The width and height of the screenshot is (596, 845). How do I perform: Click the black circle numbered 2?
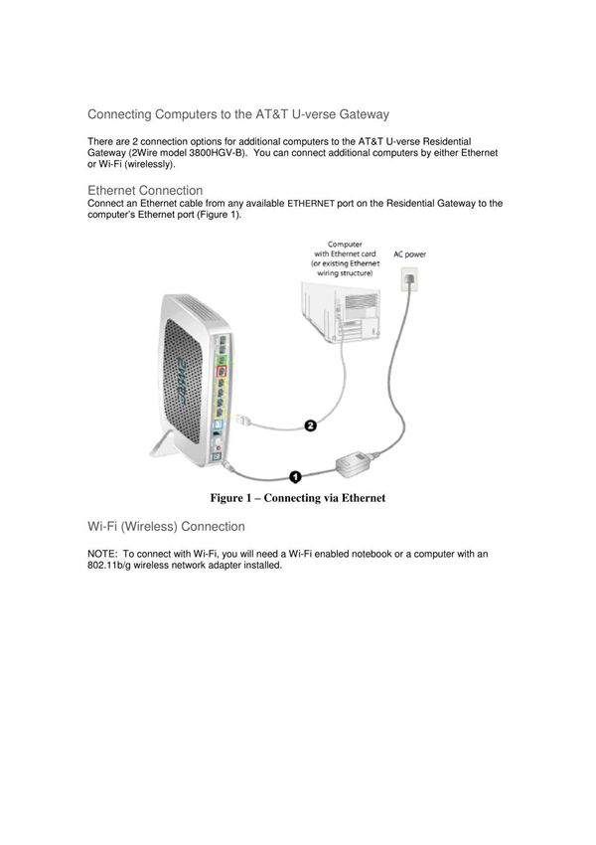pos(309,426)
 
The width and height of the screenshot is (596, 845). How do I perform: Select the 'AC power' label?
pos(410,254)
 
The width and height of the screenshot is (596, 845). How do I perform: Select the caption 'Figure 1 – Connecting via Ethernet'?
pos(296,497)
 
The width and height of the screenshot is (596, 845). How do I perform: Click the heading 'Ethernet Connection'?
pos(145,190)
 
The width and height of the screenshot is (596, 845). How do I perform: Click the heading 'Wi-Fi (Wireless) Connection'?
pos(166,526)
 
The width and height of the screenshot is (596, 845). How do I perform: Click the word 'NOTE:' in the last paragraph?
pos(103,554)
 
